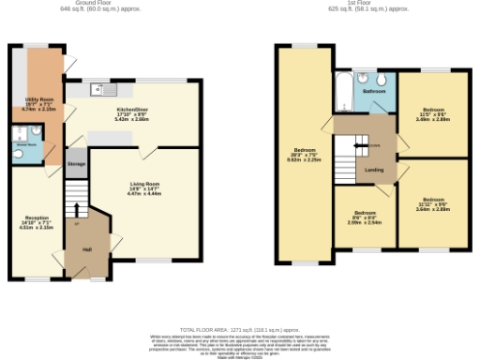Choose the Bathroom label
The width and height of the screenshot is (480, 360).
pyautogui.click(x=375, y=92)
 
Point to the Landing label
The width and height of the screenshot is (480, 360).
pyautogui.click(x=374, y=169)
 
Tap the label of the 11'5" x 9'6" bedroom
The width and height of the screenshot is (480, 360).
pyautogui.click(x=434, y=112)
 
